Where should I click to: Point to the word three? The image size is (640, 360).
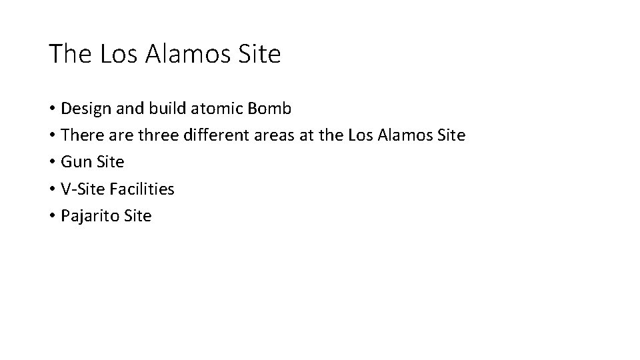156,135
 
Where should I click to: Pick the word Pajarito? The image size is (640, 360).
87,216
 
